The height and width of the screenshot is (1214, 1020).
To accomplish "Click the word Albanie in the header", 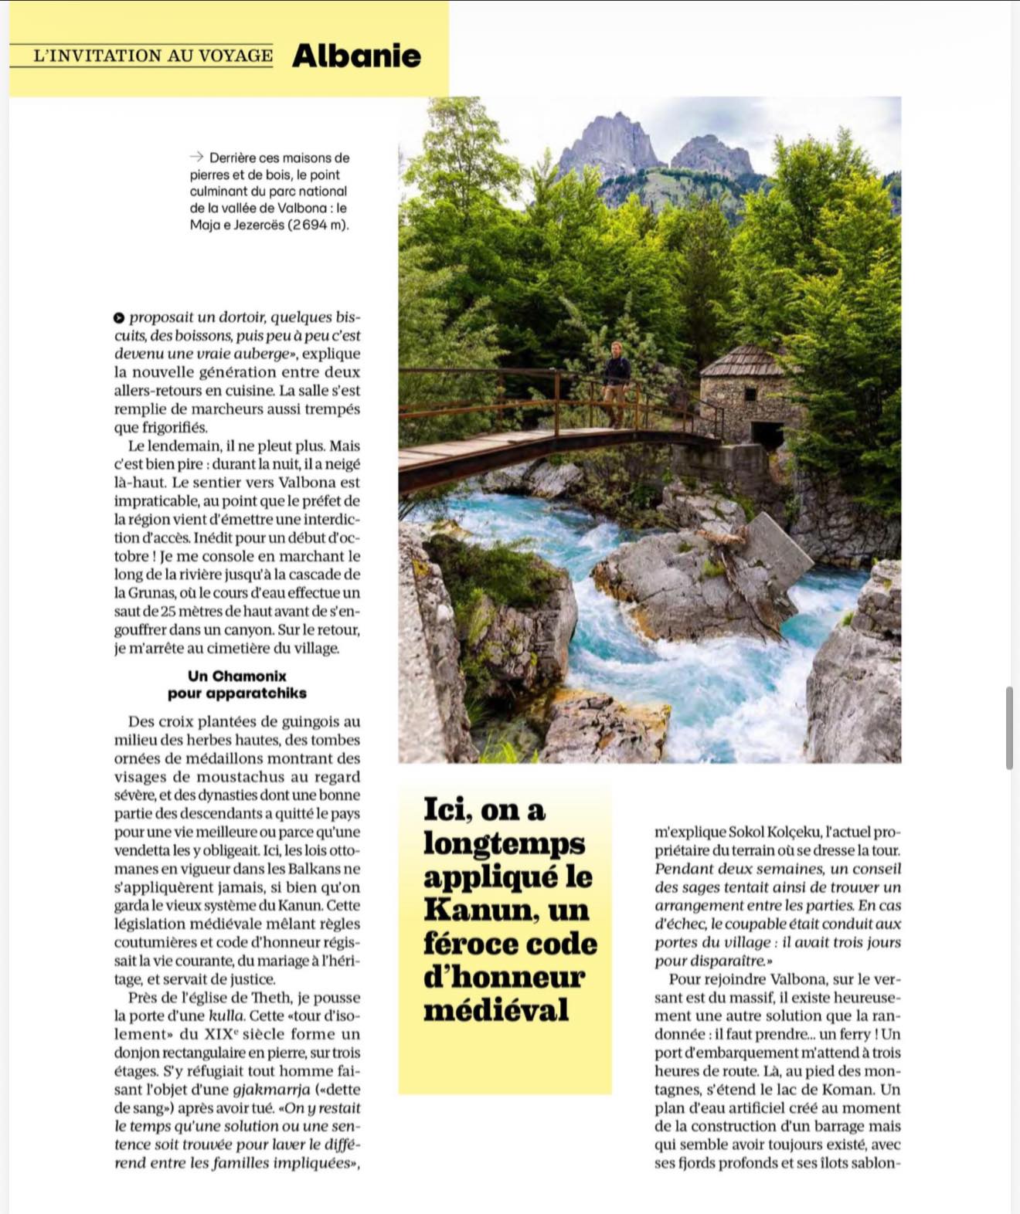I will [356, 56].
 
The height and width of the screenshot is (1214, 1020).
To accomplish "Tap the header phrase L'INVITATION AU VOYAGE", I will [153, 56].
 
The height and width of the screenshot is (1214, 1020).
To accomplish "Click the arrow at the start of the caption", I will [196, 157].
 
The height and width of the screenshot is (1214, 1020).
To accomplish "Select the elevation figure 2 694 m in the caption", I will [318, 226].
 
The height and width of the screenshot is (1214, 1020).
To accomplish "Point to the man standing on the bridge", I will [616, 383].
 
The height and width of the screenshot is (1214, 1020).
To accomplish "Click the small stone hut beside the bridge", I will [743, 394].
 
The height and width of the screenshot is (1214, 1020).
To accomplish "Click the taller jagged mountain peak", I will [610, 143].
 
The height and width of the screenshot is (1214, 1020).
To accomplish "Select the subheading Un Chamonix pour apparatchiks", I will [237, 684].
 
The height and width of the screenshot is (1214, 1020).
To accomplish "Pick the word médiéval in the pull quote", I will [495, 1010].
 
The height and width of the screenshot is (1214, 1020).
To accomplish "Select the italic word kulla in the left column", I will [227, 1016].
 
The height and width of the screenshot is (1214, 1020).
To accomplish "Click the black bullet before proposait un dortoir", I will [119, 317].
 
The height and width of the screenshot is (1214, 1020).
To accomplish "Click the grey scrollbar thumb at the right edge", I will [1009, 727].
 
